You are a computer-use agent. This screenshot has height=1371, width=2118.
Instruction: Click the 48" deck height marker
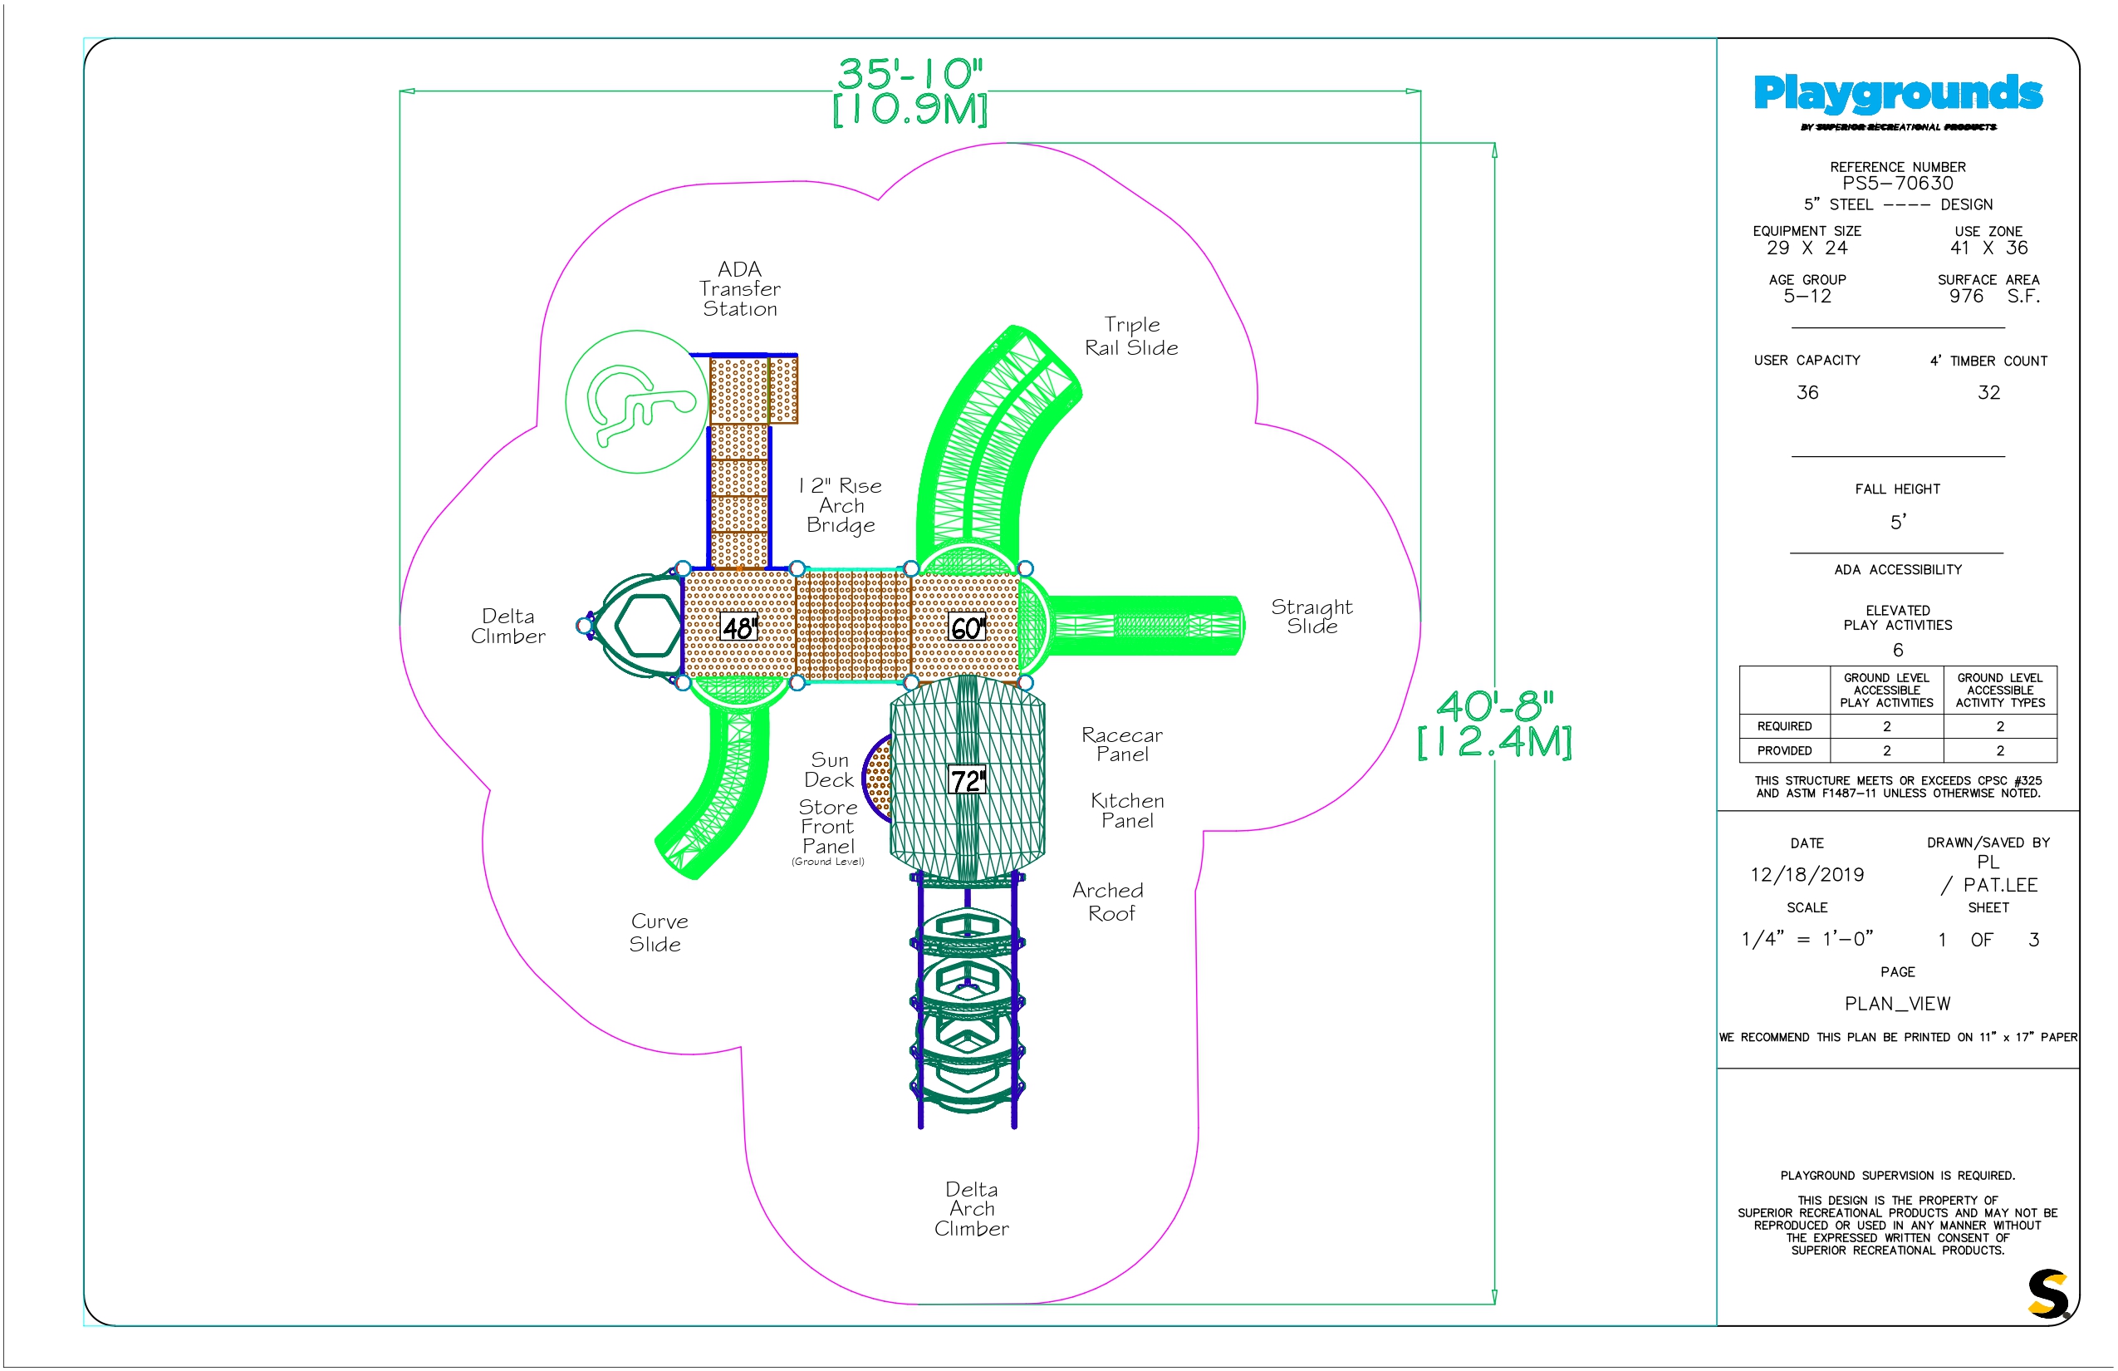pos(738,627)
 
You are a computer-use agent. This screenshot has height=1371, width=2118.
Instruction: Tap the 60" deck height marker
pos(968,627)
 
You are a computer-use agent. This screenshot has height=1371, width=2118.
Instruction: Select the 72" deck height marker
pos(968,781)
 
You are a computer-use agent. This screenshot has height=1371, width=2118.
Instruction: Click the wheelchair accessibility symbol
pos(637,401)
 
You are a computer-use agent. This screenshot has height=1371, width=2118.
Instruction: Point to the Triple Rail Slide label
pos(1131,336)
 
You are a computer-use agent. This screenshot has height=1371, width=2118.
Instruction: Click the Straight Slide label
pos(1311,616)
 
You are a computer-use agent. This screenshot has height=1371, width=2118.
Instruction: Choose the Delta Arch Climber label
pos(972,1208)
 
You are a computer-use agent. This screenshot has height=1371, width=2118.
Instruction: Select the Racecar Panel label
pos(1122,744)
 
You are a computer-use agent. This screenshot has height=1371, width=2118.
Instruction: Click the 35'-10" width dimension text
pos(910,73)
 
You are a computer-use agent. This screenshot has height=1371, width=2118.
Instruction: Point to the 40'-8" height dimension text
pos(1495,706)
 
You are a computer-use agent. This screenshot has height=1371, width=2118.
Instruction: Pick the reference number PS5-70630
pos(1898,184)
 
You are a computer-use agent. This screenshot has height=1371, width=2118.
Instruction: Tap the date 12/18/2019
pos(1807,874)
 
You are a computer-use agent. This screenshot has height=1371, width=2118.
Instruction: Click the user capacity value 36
pos(1807,392)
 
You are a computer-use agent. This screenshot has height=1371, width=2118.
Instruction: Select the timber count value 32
pos(1989,392)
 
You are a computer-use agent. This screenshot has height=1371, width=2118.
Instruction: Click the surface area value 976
pos(1967,297)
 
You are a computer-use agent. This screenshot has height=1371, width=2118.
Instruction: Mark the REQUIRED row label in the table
pos(1784,726)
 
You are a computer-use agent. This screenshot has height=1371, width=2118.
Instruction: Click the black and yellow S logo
pos(2047,1294)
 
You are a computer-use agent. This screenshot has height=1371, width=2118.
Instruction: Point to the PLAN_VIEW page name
pos(1898,1004)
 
